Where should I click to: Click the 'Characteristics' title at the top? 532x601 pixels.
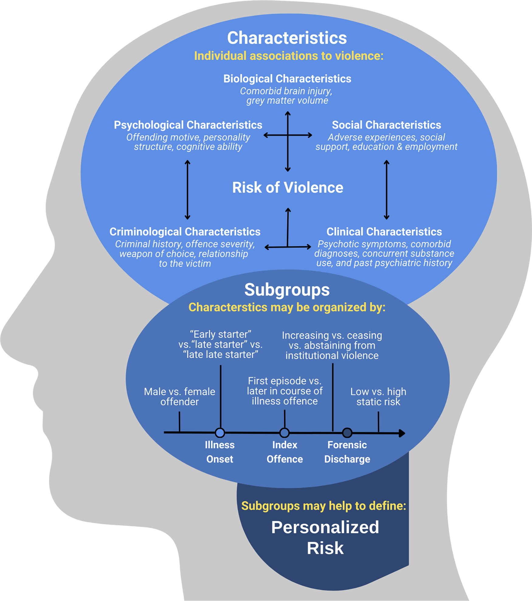tap(287, 38)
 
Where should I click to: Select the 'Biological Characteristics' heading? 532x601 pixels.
tap(287, 79)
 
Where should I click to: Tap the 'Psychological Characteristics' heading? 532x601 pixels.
tap(188, 125)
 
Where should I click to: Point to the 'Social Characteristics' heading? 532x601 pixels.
tap(386, 125)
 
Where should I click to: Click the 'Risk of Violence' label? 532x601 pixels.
tap(288, 188)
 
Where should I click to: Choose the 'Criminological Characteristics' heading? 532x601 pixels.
tap(185, 232)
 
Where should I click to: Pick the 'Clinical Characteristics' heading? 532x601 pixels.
tap(384, 232)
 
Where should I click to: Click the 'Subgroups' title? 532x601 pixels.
tap(287, 290)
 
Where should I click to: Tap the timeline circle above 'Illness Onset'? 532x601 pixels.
tap(220, 433)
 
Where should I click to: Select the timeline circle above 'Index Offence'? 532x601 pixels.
tap(285, 433)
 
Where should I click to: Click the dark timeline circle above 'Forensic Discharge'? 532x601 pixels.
tap(347, 433)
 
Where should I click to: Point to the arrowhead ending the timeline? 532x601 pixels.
tap(402, 433)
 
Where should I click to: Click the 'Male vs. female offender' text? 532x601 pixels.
tap(179, 396)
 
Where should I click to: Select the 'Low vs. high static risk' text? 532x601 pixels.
tap(378, 396)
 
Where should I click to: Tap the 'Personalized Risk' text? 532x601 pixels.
tap(325, 537)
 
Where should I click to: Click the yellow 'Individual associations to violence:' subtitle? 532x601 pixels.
tap(289, 56)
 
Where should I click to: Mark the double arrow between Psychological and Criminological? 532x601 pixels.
tap(188, 190)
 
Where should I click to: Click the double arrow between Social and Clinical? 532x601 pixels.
tap(386, 190)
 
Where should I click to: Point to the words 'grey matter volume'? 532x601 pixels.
tap(287, 100)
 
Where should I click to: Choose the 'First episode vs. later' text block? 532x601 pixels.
tap(285, 391)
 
